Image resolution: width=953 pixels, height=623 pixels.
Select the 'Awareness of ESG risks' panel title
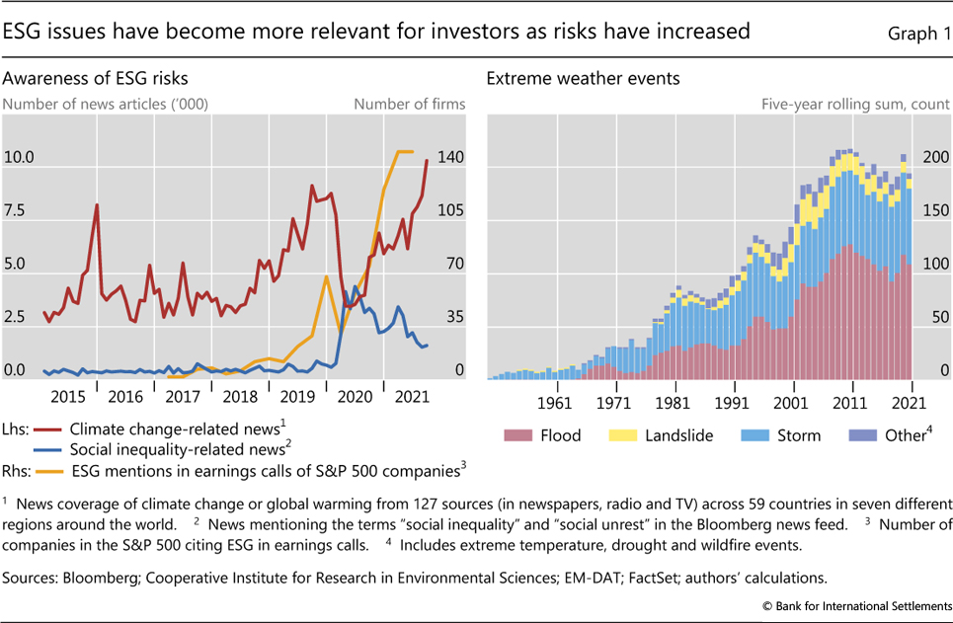pyautogui.click(x=96, y=77)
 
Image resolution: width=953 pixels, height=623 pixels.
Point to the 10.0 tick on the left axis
pyautogui.click(x=19, y=157)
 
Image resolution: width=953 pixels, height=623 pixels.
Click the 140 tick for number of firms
pyautogui.click(x=450, y=157)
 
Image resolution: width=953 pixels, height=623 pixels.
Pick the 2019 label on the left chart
pyautogui.click(x=297, y=396)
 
